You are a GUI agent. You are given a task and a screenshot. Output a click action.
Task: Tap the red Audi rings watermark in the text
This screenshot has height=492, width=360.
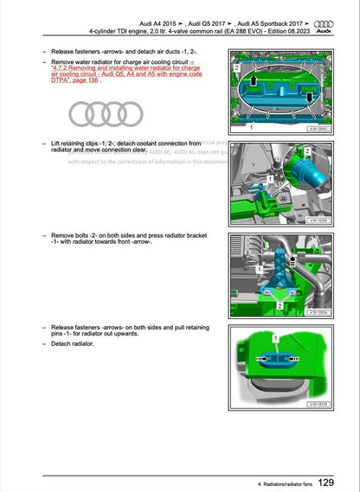(x=106, y=112)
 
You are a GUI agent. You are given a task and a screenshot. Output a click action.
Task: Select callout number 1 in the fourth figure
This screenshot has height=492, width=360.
(x=275, y=335)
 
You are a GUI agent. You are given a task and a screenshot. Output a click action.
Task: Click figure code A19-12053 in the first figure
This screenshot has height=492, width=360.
(x=319, y=127)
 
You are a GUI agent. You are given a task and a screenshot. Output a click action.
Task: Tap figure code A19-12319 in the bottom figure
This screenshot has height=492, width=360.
(x=319, y=404)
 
